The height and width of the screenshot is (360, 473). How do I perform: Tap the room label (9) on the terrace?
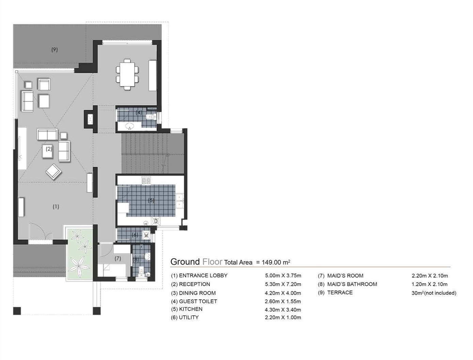54,49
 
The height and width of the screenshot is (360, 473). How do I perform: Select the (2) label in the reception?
49,149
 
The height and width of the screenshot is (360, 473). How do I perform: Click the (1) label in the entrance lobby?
56,206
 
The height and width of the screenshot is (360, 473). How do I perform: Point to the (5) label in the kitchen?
151,200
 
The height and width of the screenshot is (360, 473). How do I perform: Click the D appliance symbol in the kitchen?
156,221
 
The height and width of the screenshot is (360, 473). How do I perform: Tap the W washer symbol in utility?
146,235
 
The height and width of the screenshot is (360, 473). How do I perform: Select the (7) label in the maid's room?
117,259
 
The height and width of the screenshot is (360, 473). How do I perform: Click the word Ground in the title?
185,262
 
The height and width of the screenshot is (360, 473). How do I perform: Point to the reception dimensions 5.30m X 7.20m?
283,284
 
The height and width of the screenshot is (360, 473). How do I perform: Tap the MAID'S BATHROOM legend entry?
352,284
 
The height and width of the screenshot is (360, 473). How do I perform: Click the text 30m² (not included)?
433,293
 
